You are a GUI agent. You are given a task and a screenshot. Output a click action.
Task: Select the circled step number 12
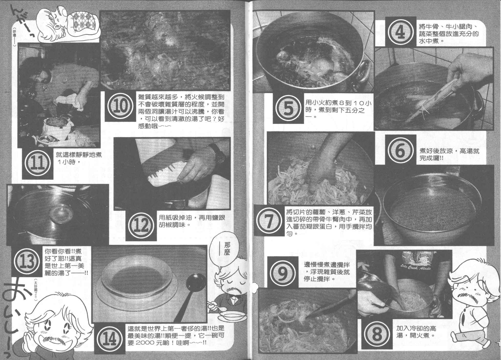pyautogui.click(x=141, y=225)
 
